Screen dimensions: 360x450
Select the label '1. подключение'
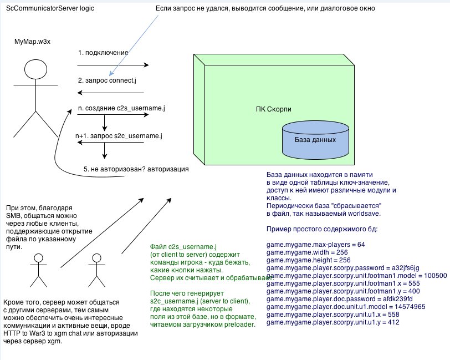[x=104, y=53]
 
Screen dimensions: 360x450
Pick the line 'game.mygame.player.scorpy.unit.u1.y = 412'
[x=333, y=322]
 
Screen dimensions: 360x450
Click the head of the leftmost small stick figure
[x=38, y=258]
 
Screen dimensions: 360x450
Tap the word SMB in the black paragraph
[x=15, y=215]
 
